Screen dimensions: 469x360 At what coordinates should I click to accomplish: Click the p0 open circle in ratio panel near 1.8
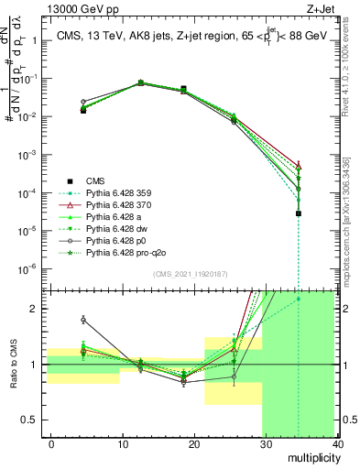83,320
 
